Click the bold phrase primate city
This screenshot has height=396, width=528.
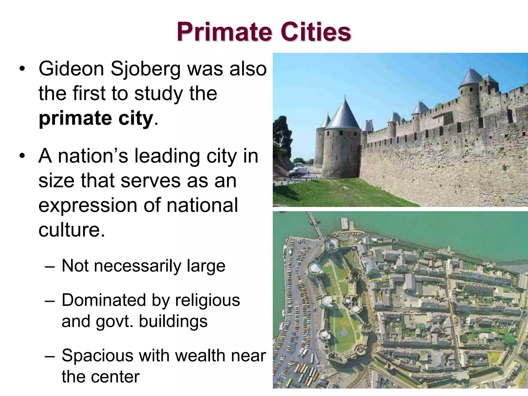[96, 118]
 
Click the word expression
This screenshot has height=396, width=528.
[88, 205]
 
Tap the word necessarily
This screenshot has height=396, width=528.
[138, 266]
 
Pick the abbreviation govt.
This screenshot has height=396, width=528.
[114, 321]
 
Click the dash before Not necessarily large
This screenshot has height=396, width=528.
[49, 266]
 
